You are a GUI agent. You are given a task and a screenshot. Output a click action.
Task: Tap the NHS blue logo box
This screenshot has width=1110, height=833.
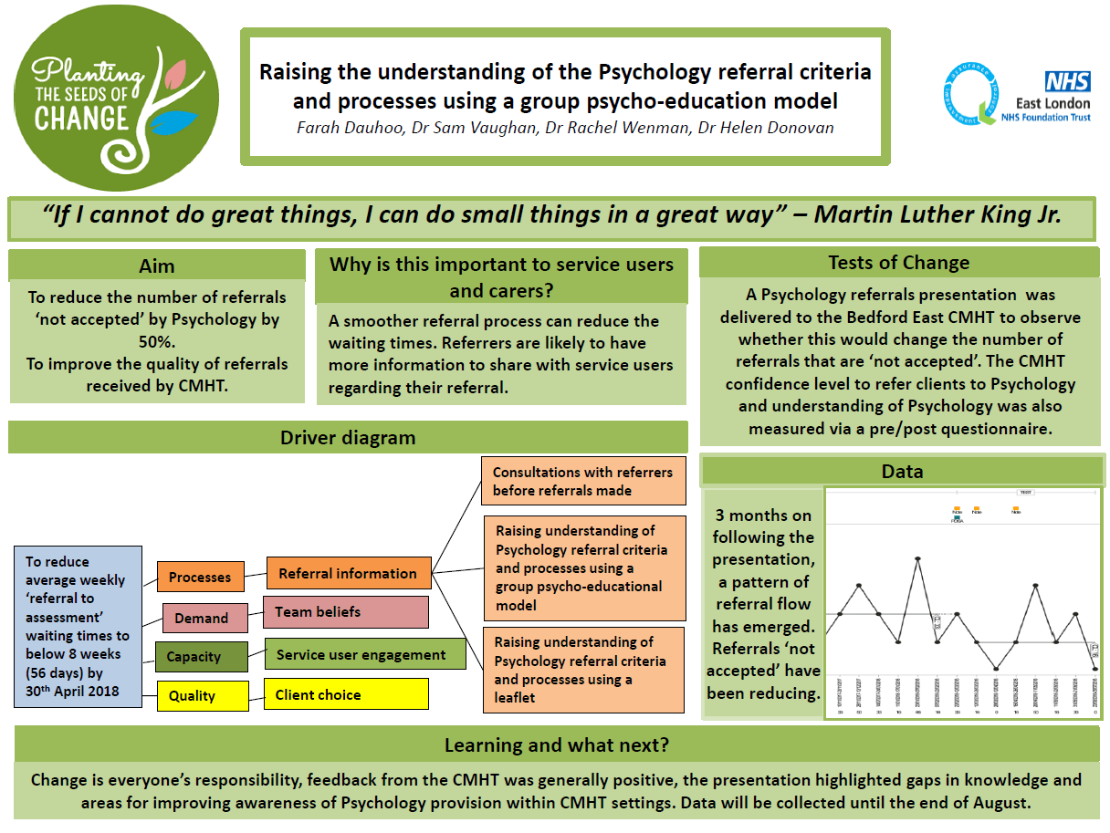[x=1067, y=81]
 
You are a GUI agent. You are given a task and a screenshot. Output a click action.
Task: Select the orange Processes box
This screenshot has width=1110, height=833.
[x=200, y=577]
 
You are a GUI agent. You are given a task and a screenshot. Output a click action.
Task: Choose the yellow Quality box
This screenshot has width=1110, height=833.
[x=201, y=695]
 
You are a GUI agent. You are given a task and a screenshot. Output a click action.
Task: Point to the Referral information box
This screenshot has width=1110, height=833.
[x=348, y=573]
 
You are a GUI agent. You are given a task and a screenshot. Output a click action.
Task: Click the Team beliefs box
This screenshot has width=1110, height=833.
[x=345, y=612]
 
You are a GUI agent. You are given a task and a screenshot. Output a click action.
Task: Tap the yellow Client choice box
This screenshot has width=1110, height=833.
[x=345, y=694]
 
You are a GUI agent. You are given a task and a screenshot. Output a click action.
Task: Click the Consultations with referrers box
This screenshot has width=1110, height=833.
[x=582, y=481]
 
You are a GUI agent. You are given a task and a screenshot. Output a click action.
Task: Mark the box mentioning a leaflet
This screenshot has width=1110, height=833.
[x=582, y=670]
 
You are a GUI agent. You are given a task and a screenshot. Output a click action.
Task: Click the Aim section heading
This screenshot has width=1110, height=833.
[x=157, y=266]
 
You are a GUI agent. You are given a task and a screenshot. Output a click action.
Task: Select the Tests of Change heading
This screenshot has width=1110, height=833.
[x=898, y=263]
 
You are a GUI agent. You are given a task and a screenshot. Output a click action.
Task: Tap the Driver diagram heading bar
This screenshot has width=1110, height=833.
[x=348, y=437]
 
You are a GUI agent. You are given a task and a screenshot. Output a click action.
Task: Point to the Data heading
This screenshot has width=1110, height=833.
[x=902, y=471]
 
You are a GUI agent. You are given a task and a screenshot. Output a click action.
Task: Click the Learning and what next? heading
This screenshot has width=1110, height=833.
[x=556, y=744]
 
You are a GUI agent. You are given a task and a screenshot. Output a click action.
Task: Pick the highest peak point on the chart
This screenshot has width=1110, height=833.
[x=917, y=558]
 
